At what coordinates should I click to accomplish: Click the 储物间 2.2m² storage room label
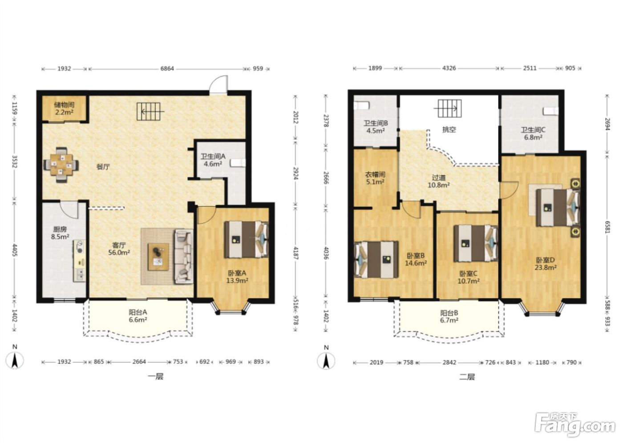click(x=64, y=109)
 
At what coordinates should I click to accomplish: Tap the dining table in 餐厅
click(x=61, y=165)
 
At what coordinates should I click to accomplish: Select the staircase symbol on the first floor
click(x=150, y=112)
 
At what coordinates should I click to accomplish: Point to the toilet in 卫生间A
click(x=238, y=163)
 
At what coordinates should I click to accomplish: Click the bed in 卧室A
click(x=247, y=239)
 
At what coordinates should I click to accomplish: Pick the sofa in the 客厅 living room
click(x=183, y=256)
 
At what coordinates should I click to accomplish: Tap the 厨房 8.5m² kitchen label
click(x=60, y=233)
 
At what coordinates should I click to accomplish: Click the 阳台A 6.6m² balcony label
click(x=138, y=316)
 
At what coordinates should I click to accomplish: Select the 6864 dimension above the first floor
click(x=167, y=68)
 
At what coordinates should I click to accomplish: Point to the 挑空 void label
click(x=449, y=129)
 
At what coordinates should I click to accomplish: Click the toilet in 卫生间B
click(x=361, y=105)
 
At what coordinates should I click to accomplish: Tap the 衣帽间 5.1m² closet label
click(x=375, y=178)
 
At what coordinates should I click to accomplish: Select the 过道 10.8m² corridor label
click(x=439, y=181)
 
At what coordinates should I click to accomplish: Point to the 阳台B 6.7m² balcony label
click(x=449, y=317)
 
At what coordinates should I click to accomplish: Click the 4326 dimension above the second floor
click(x=449, y=68)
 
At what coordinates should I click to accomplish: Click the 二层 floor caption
click(x=467, y=377)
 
